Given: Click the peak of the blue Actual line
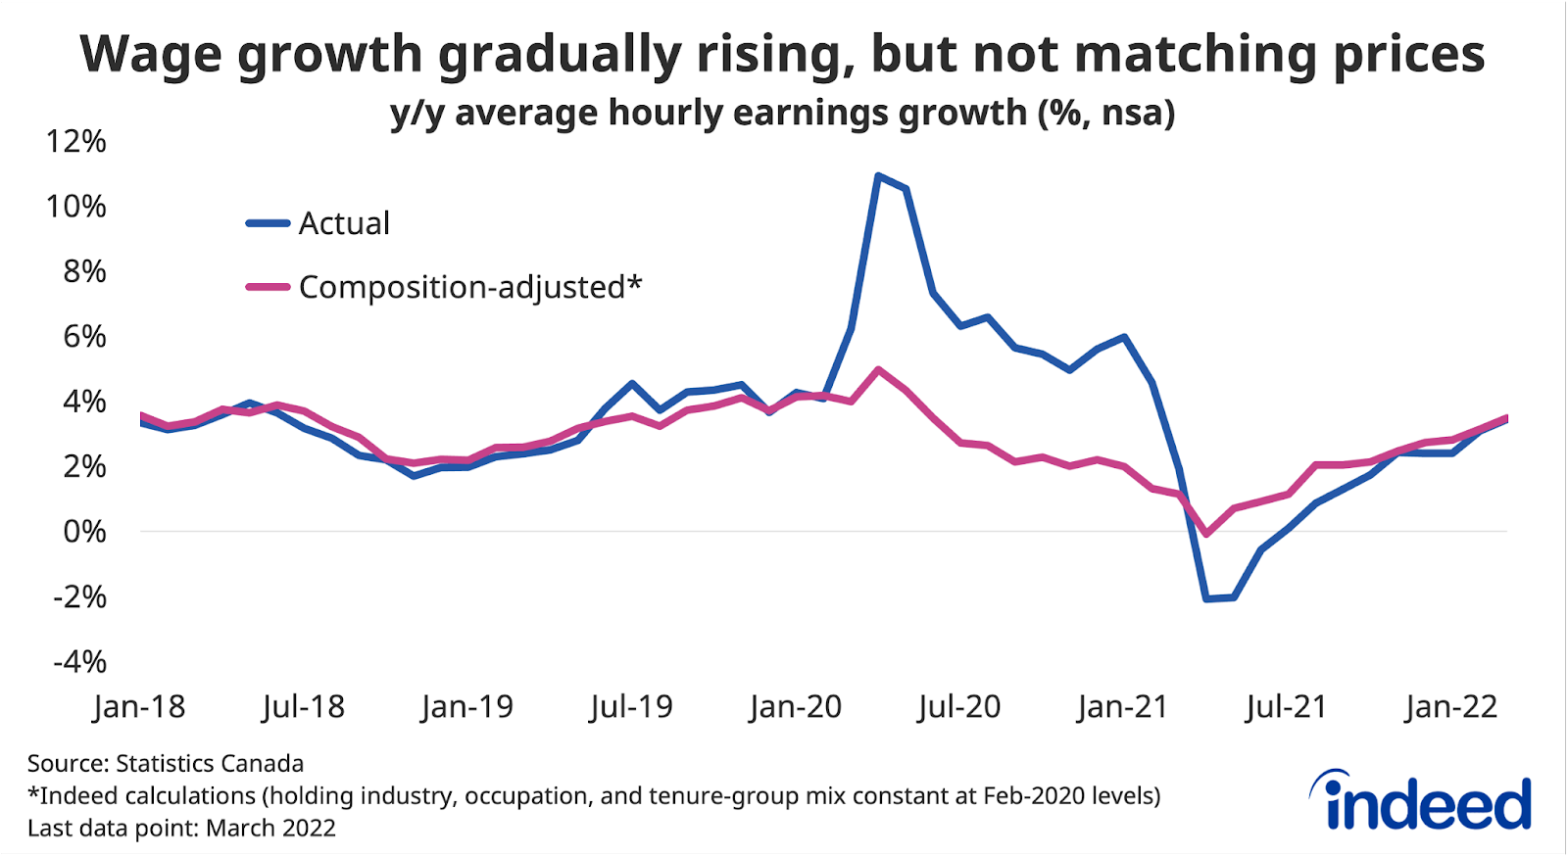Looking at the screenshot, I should pos(878,176).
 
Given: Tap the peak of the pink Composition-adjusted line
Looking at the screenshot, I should pos(878,370).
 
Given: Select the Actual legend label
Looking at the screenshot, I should pos(344,223).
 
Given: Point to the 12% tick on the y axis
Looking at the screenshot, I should pos(75,141).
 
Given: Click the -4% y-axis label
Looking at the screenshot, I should pos(79,661).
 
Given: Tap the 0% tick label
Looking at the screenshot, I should pos(84,531).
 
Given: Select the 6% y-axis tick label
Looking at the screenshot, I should pos(84,336).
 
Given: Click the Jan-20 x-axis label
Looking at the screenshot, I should pos(795,706).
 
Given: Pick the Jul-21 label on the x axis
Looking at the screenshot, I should pos(1286,706).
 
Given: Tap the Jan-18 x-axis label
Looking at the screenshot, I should pos(139,706).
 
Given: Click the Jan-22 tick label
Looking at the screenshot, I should pos(1450,706).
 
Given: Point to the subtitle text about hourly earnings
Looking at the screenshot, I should pos(782,113).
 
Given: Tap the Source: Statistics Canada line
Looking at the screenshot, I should pos(165,763).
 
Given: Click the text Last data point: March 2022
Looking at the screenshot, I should pos(181,828).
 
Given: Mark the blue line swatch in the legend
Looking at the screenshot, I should pos(268,223).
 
